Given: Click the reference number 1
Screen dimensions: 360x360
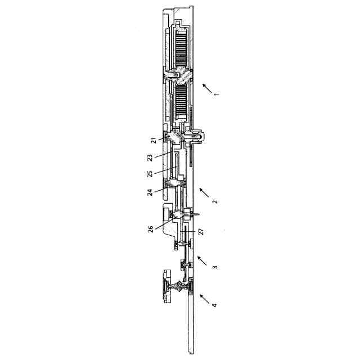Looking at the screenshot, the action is [x=217, y=94].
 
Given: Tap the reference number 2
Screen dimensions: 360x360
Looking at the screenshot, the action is [x=215, y=201].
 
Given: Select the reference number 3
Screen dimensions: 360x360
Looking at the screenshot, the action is [x=215, y=267].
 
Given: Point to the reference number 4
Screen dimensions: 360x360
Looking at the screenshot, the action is [x=214, y=305].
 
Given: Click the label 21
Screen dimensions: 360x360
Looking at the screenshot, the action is [x=154, y=140].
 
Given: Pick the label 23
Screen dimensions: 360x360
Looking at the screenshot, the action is [x=150, y=158].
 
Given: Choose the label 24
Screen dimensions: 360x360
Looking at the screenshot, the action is [x=150, y=192].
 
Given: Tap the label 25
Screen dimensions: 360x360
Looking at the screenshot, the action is [x=150, y=174].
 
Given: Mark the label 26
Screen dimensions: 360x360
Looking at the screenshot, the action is [x=151, y=229].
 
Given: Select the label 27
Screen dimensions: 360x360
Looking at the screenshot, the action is [x=201, y=231].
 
